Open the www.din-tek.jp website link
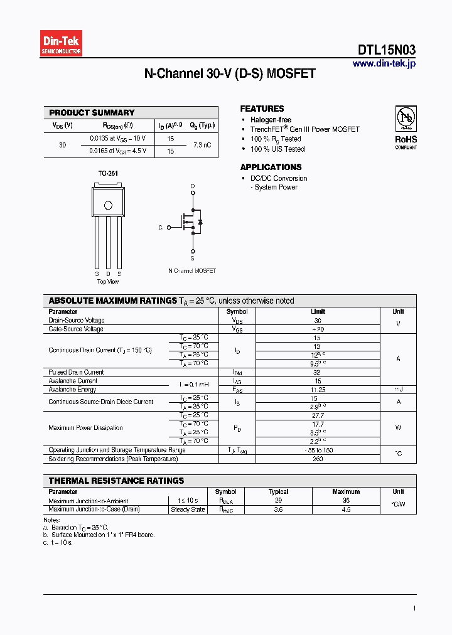[384, 63]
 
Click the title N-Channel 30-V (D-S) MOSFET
[230, 73]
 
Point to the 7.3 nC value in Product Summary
[202, 145]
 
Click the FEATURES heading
[262, 109]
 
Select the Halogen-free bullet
[271, 120]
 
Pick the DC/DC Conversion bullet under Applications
[279, 178]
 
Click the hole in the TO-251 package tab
[108, 205]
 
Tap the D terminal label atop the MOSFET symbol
[193, 186]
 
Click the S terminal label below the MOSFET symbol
[193, 258]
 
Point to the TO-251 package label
[108, 173]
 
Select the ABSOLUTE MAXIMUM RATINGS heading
[113, 301]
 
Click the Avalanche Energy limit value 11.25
[318, 389]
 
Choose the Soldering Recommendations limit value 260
[318, 459]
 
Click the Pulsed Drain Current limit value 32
[318, 372]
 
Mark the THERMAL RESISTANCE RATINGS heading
[117, 481]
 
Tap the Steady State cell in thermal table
[188, 510]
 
